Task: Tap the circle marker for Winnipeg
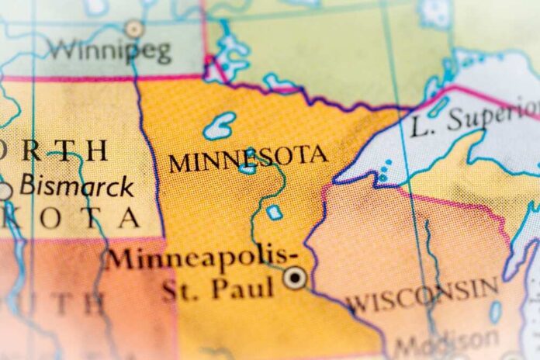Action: (x=134, y=29)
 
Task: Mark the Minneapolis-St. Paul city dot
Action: (x=294, y=277)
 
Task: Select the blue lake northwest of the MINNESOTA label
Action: (x=220, y=124)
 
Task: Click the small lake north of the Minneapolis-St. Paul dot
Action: (x=274, y=212)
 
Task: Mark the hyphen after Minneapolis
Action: (x=292, y=252)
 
